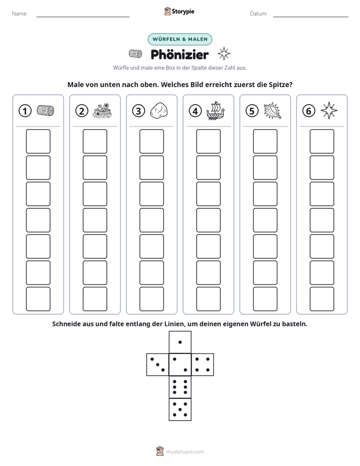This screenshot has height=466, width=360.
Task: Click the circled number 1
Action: coord(25,111)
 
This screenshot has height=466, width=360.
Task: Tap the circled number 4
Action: coord(195,111)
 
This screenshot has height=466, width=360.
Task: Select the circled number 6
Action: coord(309,111)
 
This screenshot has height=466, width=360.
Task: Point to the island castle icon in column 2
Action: coord(102,110)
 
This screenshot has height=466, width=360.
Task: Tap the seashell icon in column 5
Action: coord(272,110)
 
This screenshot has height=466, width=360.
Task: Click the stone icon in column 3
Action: coord(159,110)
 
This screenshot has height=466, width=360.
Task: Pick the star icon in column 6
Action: coord(329,110)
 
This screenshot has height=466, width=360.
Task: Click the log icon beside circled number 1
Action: coord(45,110)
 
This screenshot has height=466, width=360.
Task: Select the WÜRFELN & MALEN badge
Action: coord(180,39)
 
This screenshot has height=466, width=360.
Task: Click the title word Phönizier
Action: coord(179,54)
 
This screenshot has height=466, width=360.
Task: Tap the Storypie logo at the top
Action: coord(179,12)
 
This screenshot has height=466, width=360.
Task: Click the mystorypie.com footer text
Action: coord(185,452)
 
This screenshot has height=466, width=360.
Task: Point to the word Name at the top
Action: coord(20,14)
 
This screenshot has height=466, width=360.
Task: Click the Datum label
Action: coord(259,14)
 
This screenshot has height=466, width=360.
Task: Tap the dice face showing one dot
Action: coord(180,342)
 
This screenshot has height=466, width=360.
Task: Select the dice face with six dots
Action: coord(180,387)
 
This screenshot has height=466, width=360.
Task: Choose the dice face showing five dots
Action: coord(180,410)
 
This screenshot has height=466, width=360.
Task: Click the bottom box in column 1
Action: coord(38,299)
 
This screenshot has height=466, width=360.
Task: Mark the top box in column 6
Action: coord(322,141)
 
